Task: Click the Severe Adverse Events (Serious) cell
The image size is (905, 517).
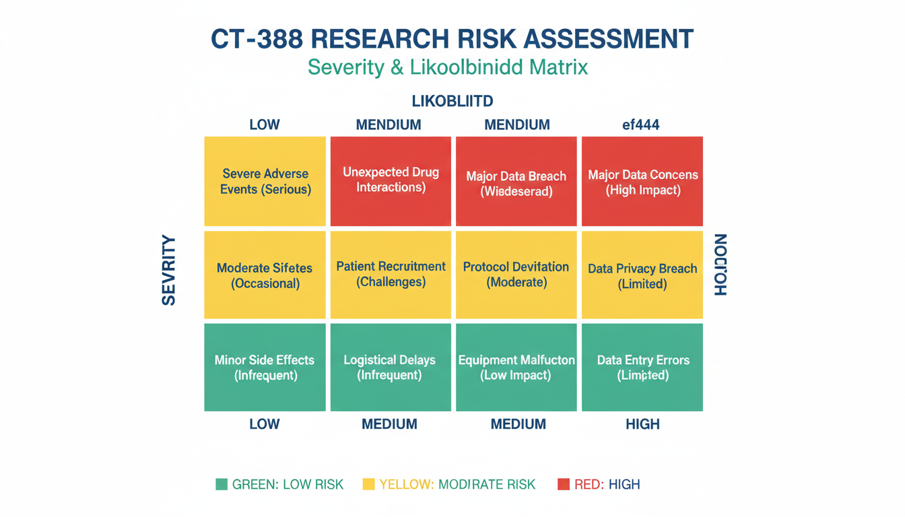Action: coord(265,182)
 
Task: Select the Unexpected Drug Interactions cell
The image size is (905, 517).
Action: coord(391,180)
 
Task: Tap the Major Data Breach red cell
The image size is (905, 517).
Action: coord(516,182)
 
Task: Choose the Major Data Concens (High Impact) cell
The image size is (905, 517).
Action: coord(642,182)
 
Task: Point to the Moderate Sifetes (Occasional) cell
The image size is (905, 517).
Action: coord(265,275)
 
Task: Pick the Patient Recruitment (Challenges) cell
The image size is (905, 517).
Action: coord(391,275)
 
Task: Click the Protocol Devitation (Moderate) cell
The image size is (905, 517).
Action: coord(516,275)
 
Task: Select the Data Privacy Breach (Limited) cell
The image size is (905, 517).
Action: coord(642,275)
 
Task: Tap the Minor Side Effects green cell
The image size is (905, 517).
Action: coord(265,368)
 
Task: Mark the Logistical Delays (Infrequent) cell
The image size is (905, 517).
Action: coord(391,368)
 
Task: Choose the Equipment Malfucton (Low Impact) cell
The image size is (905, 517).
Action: coord(516,368)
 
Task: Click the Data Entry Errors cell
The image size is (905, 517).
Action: coord(642,368)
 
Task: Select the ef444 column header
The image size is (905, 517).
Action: coord(640,125)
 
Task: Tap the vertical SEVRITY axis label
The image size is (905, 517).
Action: coord(169,271)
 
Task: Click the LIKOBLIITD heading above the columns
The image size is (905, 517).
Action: coord(452,102)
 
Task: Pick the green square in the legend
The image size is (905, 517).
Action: coord(222,484)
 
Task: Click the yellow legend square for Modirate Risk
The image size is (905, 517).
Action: coord(368,484)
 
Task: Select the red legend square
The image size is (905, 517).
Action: coord(564,484)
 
